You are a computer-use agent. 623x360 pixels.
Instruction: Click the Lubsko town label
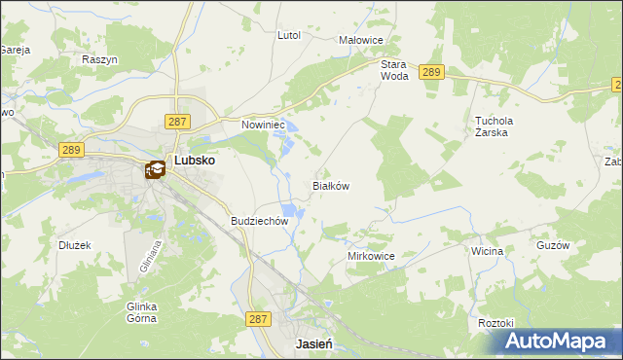point(194,162)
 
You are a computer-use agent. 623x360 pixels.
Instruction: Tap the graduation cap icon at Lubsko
point(155,170)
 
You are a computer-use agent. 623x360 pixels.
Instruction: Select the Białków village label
point(330,185)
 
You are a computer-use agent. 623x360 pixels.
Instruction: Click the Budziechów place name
point(260,221)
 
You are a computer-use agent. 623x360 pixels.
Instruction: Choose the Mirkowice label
point(371,255)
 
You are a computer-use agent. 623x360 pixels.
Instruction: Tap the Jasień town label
point(314,344)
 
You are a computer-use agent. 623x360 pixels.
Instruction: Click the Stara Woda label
point(393,69)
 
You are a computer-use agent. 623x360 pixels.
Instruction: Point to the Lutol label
point(289,35)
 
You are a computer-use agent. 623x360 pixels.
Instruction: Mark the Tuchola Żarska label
point(494,127)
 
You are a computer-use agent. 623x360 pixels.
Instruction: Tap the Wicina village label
point(487,251)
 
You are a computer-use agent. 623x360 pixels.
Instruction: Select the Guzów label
point(552,246)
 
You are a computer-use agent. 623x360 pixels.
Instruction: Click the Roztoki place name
point(495,322)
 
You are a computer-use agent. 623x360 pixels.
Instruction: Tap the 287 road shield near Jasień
point(258,318)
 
